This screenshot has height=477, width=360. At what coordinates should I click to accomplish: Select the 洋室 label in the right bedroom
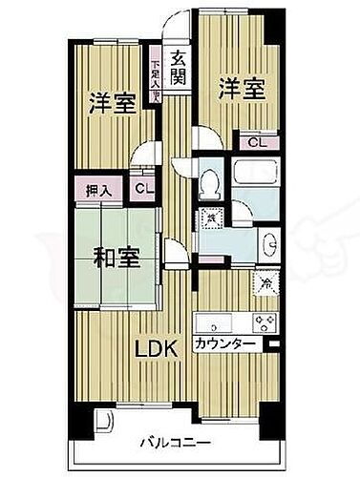239,87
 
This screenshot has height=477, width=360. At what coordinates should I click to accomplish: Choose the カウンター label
223,343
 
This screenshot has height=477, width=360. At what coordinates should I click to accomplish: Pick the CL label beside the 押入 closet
142,190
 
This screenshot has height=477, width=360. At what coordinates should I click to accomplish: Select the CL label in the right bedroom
255,142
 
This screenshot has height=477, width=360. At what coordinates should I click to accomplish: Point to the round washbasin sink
268,242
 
